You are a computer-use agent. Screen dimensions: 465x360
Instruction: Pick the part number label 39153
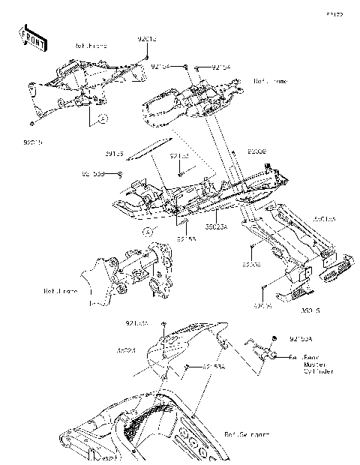click(136, 154)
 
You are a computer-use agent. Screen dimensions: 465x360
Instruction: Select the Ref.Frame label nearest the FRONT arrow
click(91, 46)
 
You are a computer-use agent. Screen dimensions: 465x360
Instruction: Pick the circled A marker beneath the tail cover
click(148, 232)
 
